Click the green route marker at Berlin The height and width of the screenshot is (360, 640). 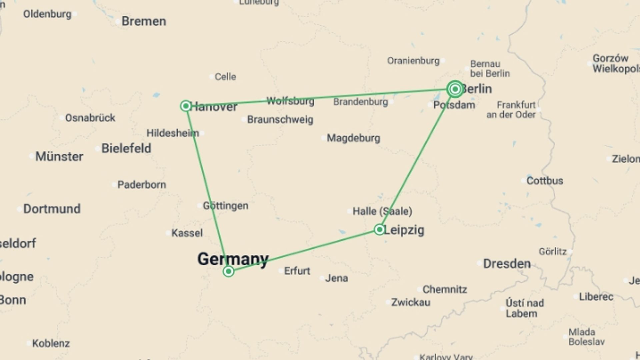coord(455,89)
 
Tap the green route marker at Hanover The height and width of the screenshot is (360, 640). coord(186,106)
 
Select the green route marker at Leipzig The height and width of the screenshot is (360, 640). coord(379,229)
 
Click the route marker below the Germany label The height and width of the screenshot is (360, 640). coord(229,271)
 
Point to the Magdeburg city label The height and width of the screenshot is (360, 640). coord(353,138)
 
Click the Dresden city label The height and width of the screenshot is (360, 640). coord(507,264)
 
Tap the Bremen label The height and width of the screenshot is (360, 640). coord(144,21)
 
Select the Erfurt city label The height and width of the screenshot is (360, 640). coord(297,271)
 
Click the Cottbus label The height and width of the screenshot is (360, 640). coord(545,181)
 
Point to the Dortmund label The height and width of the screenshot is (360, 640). coord(52,209)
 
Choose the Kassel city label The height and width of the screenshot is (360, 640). coord(187,233)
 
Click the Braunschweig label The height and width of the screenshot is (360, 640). coord(280,120)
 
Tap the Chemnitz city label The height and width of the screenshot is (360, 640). coord(445,289)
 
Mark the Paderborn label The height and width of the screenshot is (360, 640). coord(142,185)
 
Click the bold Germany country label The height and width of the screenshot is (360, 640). coord(233,259)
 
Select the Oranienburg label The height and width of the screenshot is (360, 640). coord(413,61)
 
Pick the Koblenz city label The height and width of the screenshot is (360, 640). coord(51,343)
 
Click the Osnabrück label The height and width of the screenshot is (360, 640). coord(90,118)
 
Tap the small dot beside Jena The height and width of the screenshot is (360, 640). coord(322,278)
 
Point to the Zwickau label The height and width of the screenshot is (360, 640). coord(411,302)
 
